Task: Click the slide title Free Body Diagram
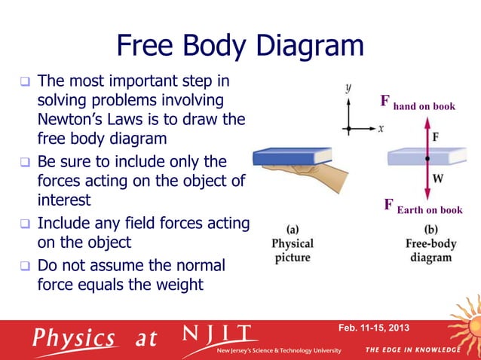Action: [x=240, y=47]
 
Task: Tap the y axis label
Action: [x=348, y=88]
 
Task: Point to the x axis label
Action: [x=381, y=129]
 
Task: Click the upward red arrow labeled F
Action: [x=427, y=139]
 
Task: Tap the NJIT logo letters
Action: [x=219, y=334]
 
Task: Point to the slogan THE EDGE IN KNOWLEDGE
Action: [x=412, y=350]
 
